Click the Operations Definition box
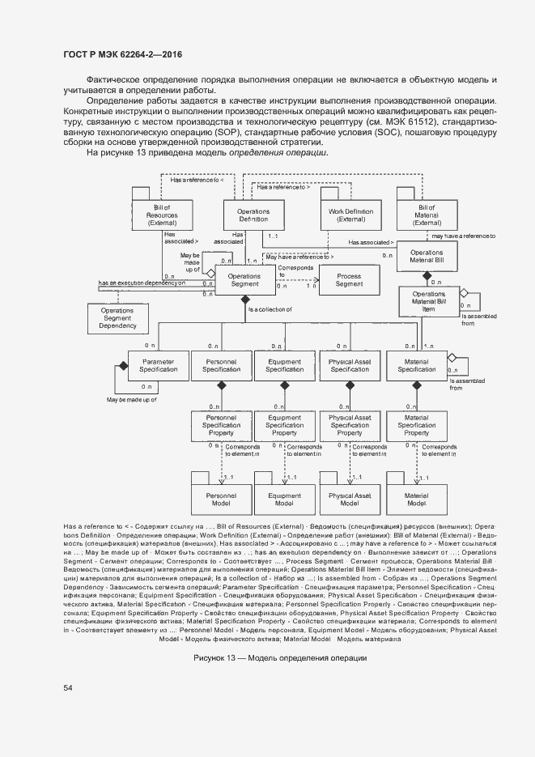coord(253,215)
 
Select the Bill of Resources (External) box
coord(162,215)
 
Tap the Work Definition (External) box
coord(350,215)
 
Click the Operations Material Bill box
coord(427,257)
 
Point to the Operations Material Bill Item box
coord(429,301)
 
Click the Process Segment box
coord(349,280)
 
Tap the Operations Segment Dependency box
coord(118,318)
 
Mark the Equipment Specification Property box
coord(285,425)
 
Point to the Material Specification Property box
coord(416,425)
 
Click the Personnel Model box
coord(221,499)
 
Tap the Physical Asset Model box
coord(350,499)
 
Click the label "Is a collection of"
coord(270,310)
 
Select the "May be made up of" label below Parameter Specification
coord(131,399)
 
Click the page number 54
coord(68,687)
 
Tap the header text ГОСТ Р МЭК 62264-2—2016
coord(122,53)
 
